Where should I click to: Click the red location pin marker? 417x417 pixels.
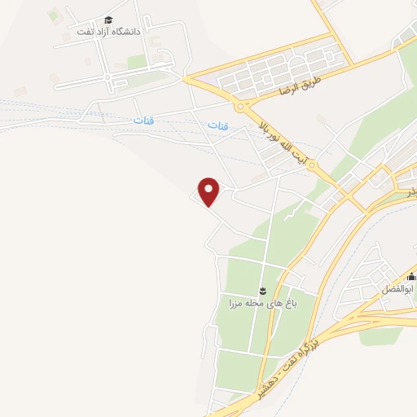(210, 191)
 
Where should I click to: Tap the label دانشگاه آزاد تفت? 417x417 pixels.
(108, 31)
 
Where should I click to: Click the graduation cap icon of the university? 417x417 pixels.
(108, 20)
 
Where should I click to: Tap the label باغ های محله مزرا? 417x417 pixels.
(263, 305)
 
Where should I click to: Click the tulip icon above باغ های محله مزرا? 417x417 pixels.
(263, 291)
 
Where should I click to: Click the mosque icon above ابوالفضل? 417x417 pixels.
(410, 277)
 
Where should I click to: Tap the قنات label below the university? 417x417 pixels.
(143, 121)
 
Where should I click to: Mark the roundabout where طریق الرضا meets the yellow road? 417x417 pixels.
(241, 105)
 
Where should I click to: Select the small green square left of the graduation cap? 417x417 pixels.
(55, 15)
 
